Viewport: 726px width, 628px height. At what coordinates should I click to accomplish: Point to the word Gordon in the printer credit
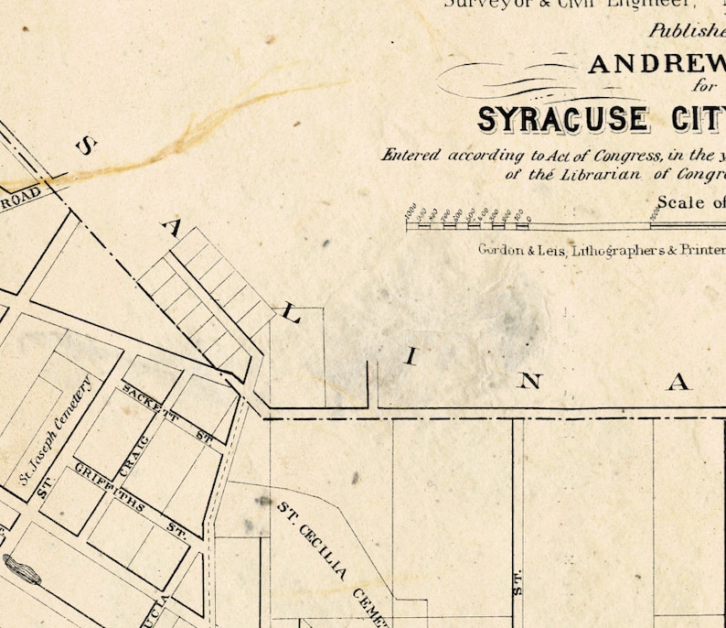click(x=499, y=249)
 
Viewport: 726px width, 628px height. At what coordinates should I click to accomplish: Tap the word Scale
click(x=680, y=202)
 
